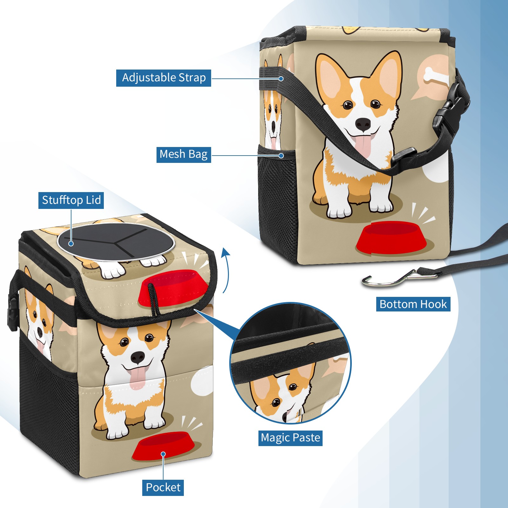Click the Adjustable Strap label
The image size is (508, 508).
164,78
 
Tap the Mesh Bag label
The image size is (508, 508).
184,154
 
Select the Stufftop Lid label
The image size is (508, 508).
71,200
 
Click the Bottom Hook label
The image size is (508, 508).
413,304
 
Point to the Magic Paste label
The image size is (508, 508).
290,438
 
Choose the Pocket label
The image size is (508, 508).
163,487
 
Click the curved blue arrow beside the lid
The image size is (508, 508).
226,270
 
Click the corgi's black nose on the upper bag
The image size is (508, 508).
363,124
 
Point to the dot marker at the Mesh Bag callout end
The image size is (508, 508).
281,156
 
